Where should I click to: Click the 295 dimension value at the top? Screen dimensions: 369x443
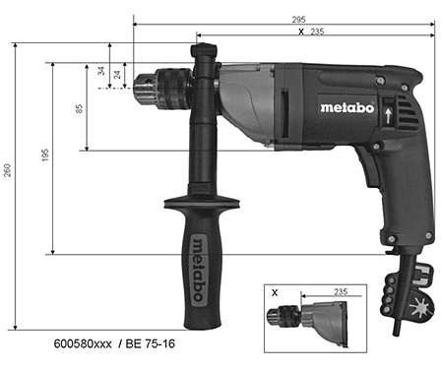coord(299,19)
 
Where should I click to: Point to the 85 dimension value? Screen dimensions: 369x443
coord(80,108)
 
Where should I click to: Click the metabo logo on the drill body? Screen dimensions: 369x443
coord(346,107)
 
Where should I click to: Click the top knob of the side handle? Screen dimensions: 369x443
coord(206,50)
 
